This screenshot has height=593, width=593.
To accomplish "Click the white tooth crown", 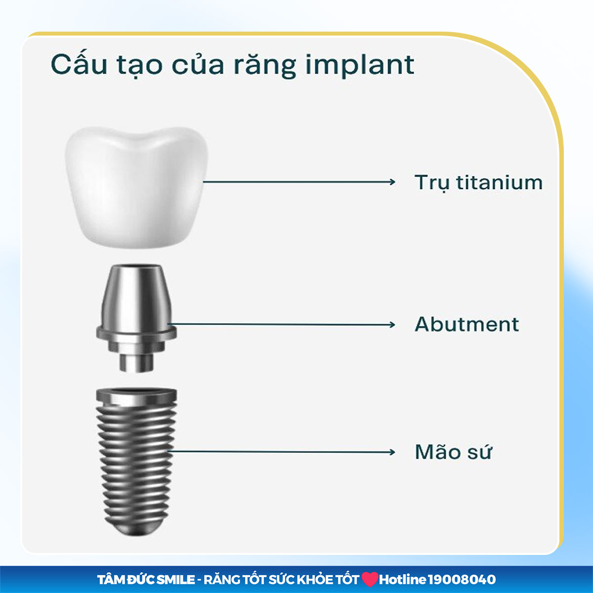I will [134, 188].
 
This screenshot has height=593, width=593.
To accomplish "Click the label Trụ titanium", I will [478, 183].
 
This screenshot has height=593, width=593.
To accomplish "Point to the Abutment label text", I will [466, 325].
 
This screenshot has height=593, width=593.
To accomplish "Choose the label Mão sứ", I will [453, 452].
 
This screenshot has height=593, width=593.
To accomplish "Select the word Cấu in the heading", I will [79, 64].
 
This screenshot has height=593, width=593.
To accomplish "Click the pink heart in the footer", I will [369, 579].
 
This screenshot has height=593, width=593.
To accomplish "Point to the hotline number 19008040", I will [462, 579].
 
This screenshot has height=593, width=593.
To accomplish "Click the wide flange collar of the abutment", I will [136, 332].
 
